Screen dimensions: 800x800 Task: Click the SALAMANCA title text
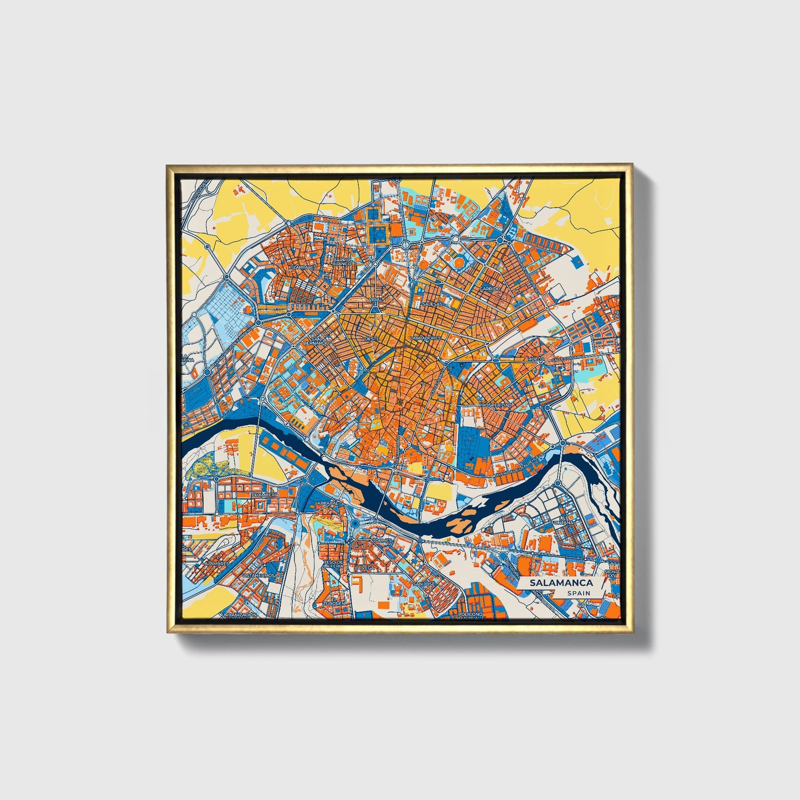click(561, 583)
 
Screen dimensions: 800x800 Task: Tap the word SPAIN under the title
click(578, 593)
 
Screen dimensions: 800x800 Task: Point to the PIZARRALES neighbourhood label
click(303, 267)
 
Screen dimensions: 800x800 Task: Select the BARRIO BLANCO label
click(342, 262)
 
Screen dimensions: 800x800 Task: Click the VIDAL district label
click(375, 300)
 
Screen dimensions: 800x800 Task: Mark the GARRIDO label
click(490, 289)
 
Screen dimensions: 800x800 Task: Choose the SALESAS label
click(432, 304)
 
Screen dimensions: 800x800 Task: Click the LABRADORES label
click(425, 338)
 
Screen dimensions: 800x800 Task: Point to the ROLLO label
click(535, 359)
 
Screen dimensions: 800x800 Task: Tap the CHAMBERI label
click(264, 495)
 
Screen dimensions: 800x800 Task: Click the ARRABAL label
click(326, 503)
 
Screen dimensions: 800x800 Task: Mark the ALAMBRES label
click(216, 564)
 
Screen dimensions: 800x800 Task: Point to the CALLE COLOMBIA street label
click(567, 358)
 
